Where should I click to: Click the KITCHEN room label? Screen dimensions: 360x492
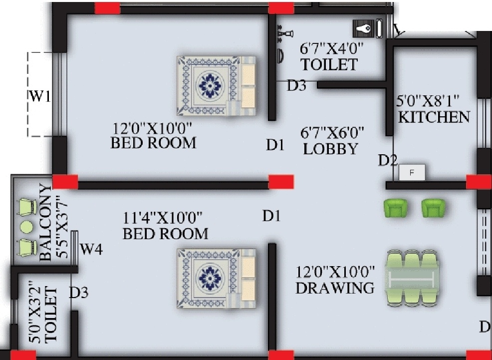click(x=434, y=117)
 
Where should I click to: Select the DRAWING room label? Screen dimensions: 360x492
click(x=334, y=288)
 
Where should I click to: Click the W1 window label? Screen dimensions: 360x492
click(x=40, y=96)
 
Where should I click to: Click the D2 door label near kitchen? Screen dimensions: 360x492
click(x=387, y=160)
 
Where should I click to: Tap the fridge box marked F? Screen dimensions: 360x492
click(x=412, y=173)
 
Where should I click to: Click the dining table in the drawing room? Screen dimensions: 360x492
click(x=413, y=276)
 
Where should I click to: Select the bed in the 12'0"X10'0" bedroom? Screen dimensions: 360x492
click(x=216, y=86)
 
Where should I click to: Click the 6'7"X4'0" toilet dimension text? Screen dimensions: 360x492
click(x=331, y=49)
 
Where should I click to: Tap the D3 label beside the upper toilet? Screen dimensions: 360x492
click(x=296, y=85)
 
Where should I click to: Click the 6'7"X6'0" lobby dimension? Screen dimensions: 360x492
click(x=332, y=133)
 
